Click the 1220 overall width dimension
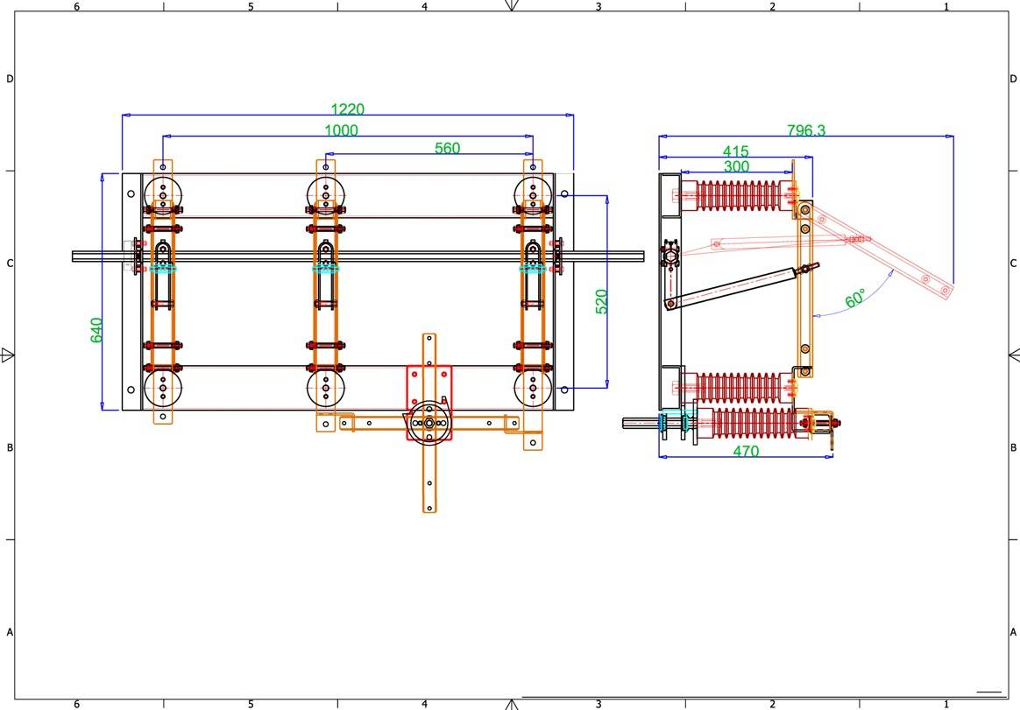pyautogui.click(x=347, y=109)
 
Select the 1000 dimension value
pyautogui.click(x=341, y=130)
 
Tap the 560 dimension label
pyautogui.click(x=447, y=148)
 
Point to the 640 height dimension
pyautogui.click(x=96, y=330)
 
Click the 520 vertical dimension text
pyautogui.click(x=602, y=302)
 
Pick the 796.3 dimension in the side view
pyautogui.click(x=806, y=130)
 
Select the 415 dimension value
pyautogui.click(x=736, y=151)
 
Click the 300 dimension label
pyautogui.click(x=736, y=166)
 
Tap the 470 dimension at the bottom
pyautogui.click(x=746, y=451)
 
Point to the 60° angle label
pyautogui.click(x=855, y=298)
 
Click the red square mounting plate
pyautogui.click(x=429, y=403)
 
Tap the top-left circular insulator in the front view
pyautogui.click(x=163, y=194)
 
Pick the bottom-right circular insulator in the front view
pyautogui.click(x=533, y=389)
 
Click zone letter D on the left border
pyautogui.click(x=10, y=79)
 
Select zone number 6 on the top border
pyautogui.click(x=77, y=6)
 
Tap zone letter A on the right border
pyautogui.click(x=1013, y=632)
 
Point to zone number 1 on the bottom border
pyautogui.click(x=946, y=704)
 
